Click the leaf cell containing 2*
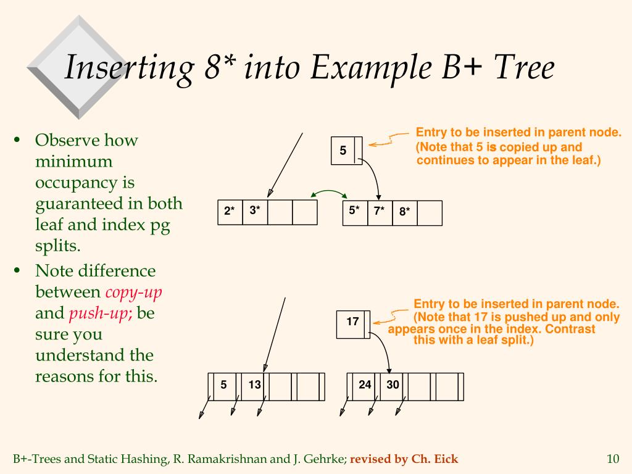[230, 212]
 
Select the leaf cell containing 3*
[255, 212]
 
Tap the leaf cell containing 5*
[354, 212]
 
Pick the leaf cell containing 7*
[380, 212]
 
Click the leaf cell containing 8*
[405, 212]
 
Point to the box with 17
[352, 322]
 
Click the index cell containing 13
[255, 385]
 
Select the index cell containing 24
[365, 385]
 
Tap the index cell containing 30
[393, 385]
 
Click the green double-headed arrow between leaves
[330, 192]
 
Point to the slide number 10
[612, 459]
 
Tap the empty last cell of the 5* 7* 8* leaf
[430, 212]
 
